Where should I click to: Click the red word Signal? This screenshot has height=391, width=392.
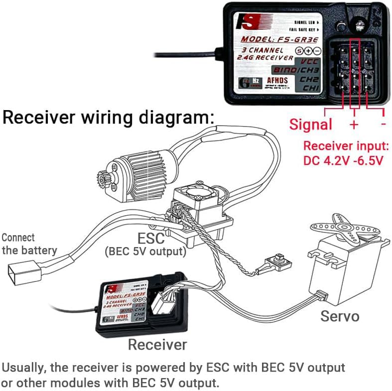click(311, 124)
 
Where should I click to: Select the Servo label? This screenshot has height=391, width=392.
click(340, 315)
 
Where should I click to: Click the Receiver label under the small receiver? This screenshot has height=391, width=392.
click(157, 344)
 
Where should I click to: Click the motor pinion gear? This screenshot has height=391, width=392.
click(100, 176)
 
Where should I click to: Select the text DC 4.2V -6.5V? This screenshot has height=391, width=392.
click(344, 161)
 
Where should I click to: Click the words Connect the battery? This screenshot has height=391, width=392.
click(29, 244)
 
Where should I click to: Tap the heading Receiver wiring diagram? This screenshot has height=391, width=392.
click(109, 118)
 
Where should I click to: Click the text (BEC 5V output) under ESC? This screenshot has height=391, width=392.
click(145, 252)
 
